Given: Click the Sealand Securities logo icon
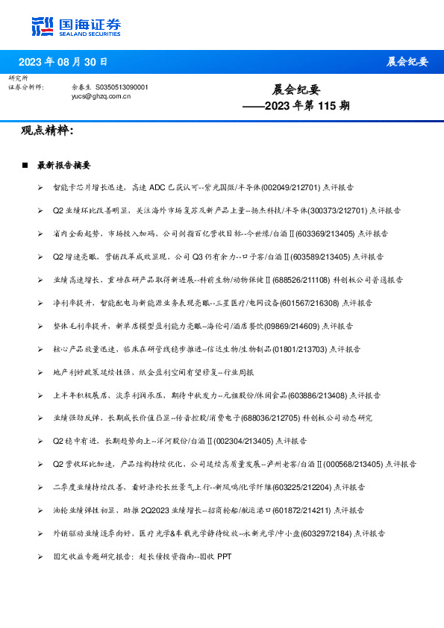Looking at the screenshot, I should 43,25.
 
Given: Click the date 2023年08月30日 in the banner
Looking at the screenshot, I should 63,62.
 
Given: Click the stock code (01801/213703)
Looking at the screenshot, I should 297,348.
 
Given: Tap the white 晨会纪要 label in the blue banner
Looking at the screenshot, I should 407,61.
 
